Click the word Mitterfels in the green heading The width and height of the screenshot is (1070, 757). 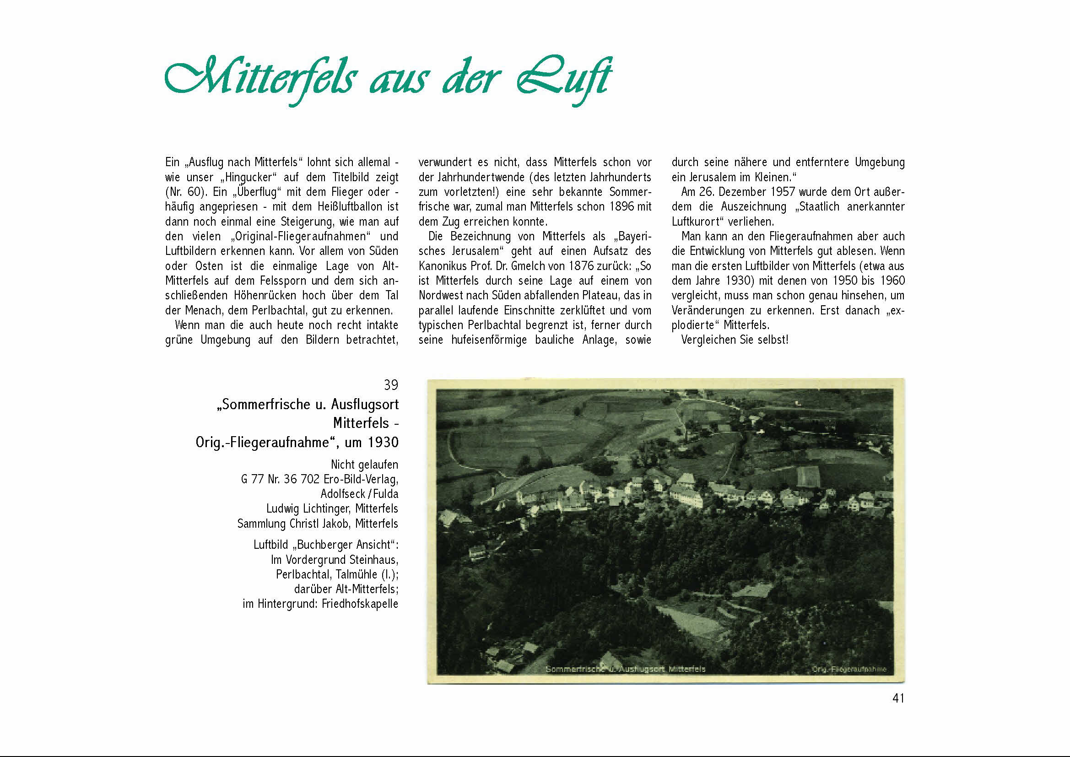click(x=261, y=79)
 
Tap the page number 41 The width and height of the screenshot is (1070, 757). click(x=898, y=698)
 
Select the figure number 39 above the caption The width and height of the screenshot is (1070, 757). click(x=391, y=385)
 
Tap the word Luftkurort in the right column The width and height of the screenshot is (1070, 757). click(x=699, y=222)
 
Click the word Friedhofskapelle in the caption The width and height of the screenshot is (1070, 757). click(x=360, y=604)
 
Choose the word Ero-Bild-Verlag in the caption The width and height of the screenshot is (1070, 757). click(x=361, y=479)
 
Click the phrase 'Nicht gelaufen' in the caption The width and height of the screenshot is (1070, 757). click(x=364, y=464)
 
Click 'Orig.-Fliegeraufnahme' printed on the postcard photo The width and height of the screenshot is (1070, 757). click(x=848, y=670)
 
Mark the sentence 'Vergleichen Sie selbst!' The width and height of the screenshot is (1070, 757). click(x=735, y=340)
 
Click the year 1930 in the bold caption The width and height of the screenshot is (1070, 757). click(x=383, y=442)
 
